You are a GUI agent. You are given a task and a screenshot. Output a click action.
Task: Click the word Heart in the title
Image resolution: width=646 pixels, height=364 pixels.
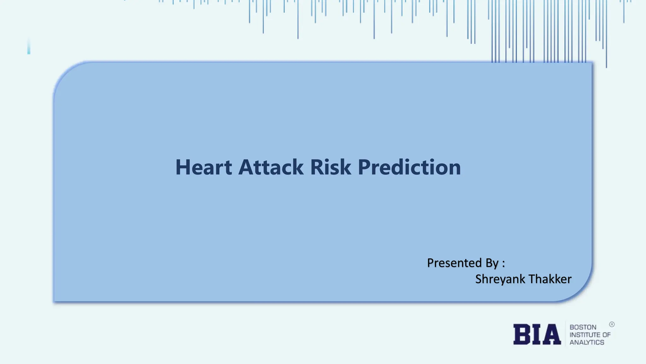(203, 167)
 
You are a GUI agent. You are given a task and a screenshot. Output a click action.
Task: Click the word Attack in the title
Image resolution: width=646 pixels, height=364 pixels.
(271, 167)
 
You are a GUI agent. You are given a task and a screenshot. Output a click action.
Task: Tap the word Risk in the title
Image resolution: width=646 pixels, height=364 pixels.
(330, 167)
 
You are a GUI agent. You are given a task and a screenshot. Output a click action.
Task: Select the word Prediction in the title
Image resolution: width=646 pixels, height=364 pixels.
(409, 167)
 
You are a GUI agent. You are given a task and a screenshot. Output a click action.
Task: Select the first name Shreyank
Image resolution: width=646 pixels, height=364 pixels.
(500, 279)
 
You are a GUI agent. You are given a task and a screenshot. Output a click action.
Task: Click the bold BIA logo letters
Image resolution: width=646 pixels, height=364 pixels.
(537, 334)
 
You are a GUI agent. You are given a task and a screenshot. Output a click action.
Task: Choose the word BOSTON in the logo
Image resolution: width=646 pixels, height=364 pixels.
(583, 327)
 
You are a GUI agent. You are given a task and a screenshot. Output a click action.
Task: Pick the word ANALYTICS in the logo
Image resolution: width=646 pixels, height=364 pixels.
(587, 343)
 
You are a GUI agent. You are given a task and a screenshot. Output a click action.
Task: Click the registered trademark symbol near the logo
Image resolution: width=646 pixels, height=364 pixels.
(612, 325)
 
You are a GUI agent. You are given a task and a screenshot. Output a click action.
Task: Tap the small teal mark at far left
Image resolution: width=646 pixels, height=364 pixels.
(29, 47)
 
